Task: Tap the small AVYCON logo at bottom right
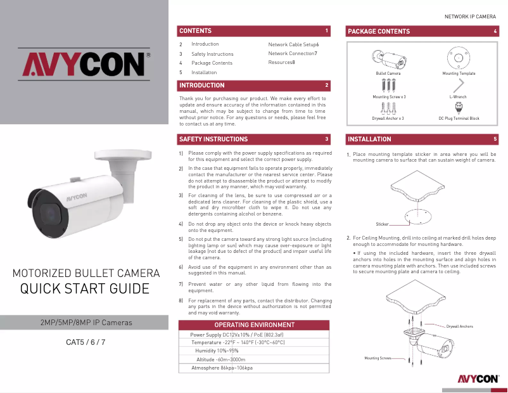point(477,379)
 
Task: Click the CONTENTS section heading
point(195,30)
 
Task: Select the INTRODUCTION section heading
point(201,85)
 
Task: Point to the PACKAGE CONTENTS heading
point(379,31)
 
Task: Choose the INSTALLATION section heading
point(369,139)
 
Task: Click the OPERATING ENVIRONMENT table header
point(255,325)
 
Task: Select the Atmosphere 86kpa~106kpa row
point(222,368)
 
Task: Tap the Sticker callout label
point(382,224)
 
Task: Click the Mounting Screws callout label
point(378,358)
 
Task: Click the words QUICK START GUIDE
point(85,289)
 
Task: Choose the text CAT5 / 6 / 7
point(86,343)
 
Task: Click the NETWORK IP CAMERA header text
point(469,16)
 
